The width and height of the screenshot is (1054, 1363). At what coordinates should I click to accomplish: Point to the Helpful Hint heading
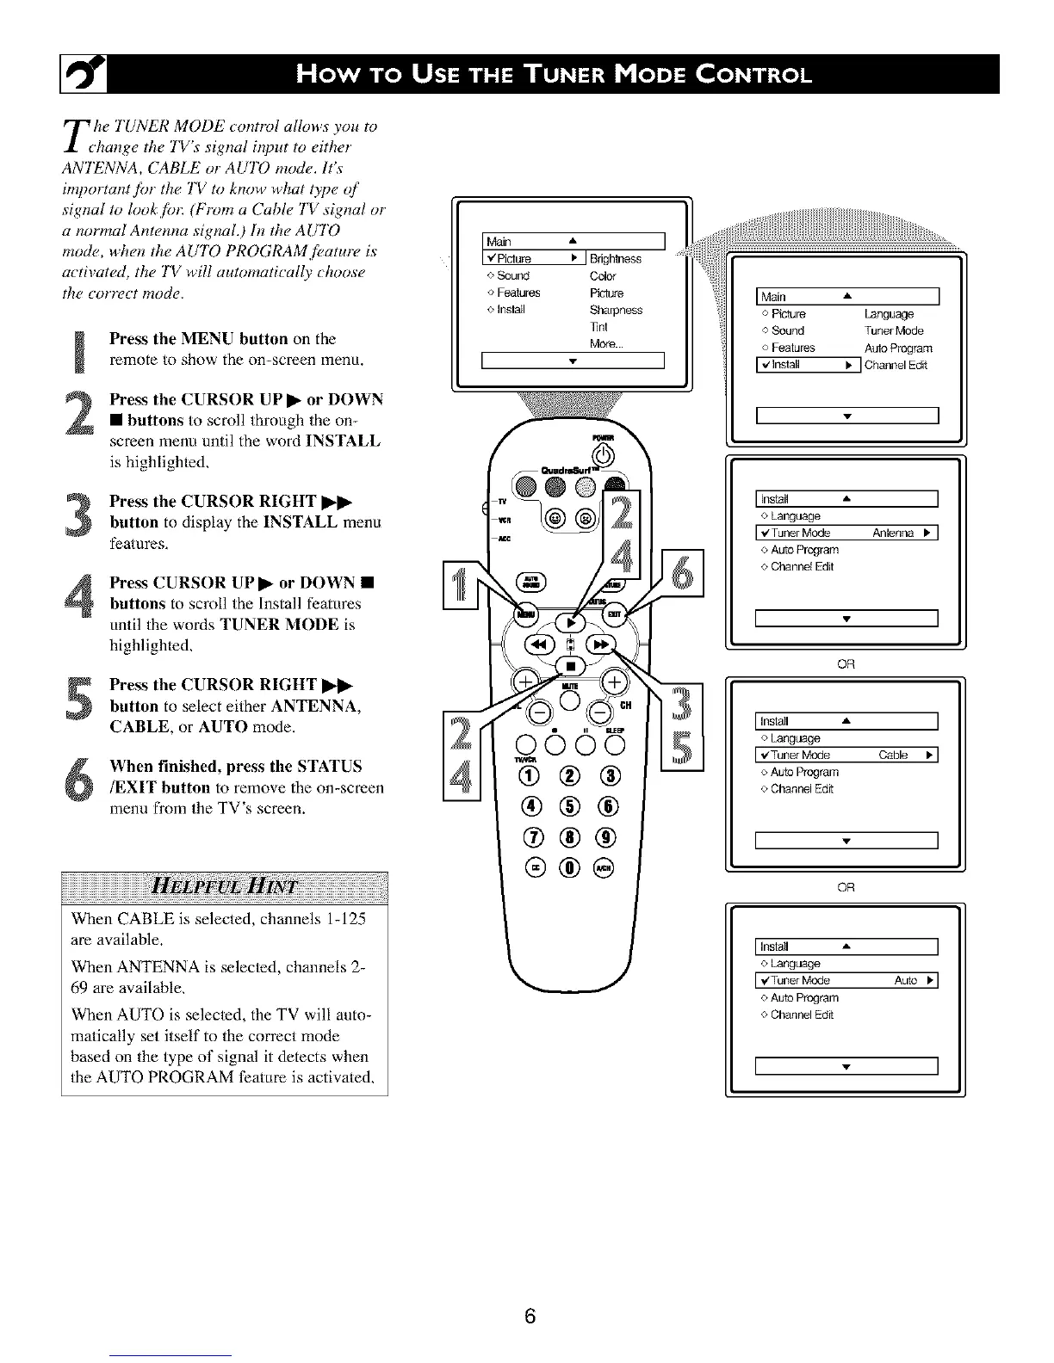[x=225, y=887]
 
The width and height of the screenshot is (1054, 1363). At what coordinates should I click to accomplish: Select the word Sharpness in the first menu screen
[x=616, y=310]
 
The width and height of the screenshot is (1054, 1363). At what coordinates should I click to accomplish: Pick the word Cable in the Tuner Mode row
[x=893, y=756]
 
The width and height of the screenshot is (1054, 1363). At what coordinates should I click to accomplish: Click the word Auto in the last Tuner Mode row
[x=905, y=980]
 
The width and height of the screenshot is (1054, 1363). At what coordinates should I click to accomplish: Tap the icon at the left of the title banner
[x=78, y=74]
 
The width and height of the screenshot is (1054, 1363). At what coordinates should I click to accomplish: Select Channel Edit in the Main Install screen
[x=896, y=365]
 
